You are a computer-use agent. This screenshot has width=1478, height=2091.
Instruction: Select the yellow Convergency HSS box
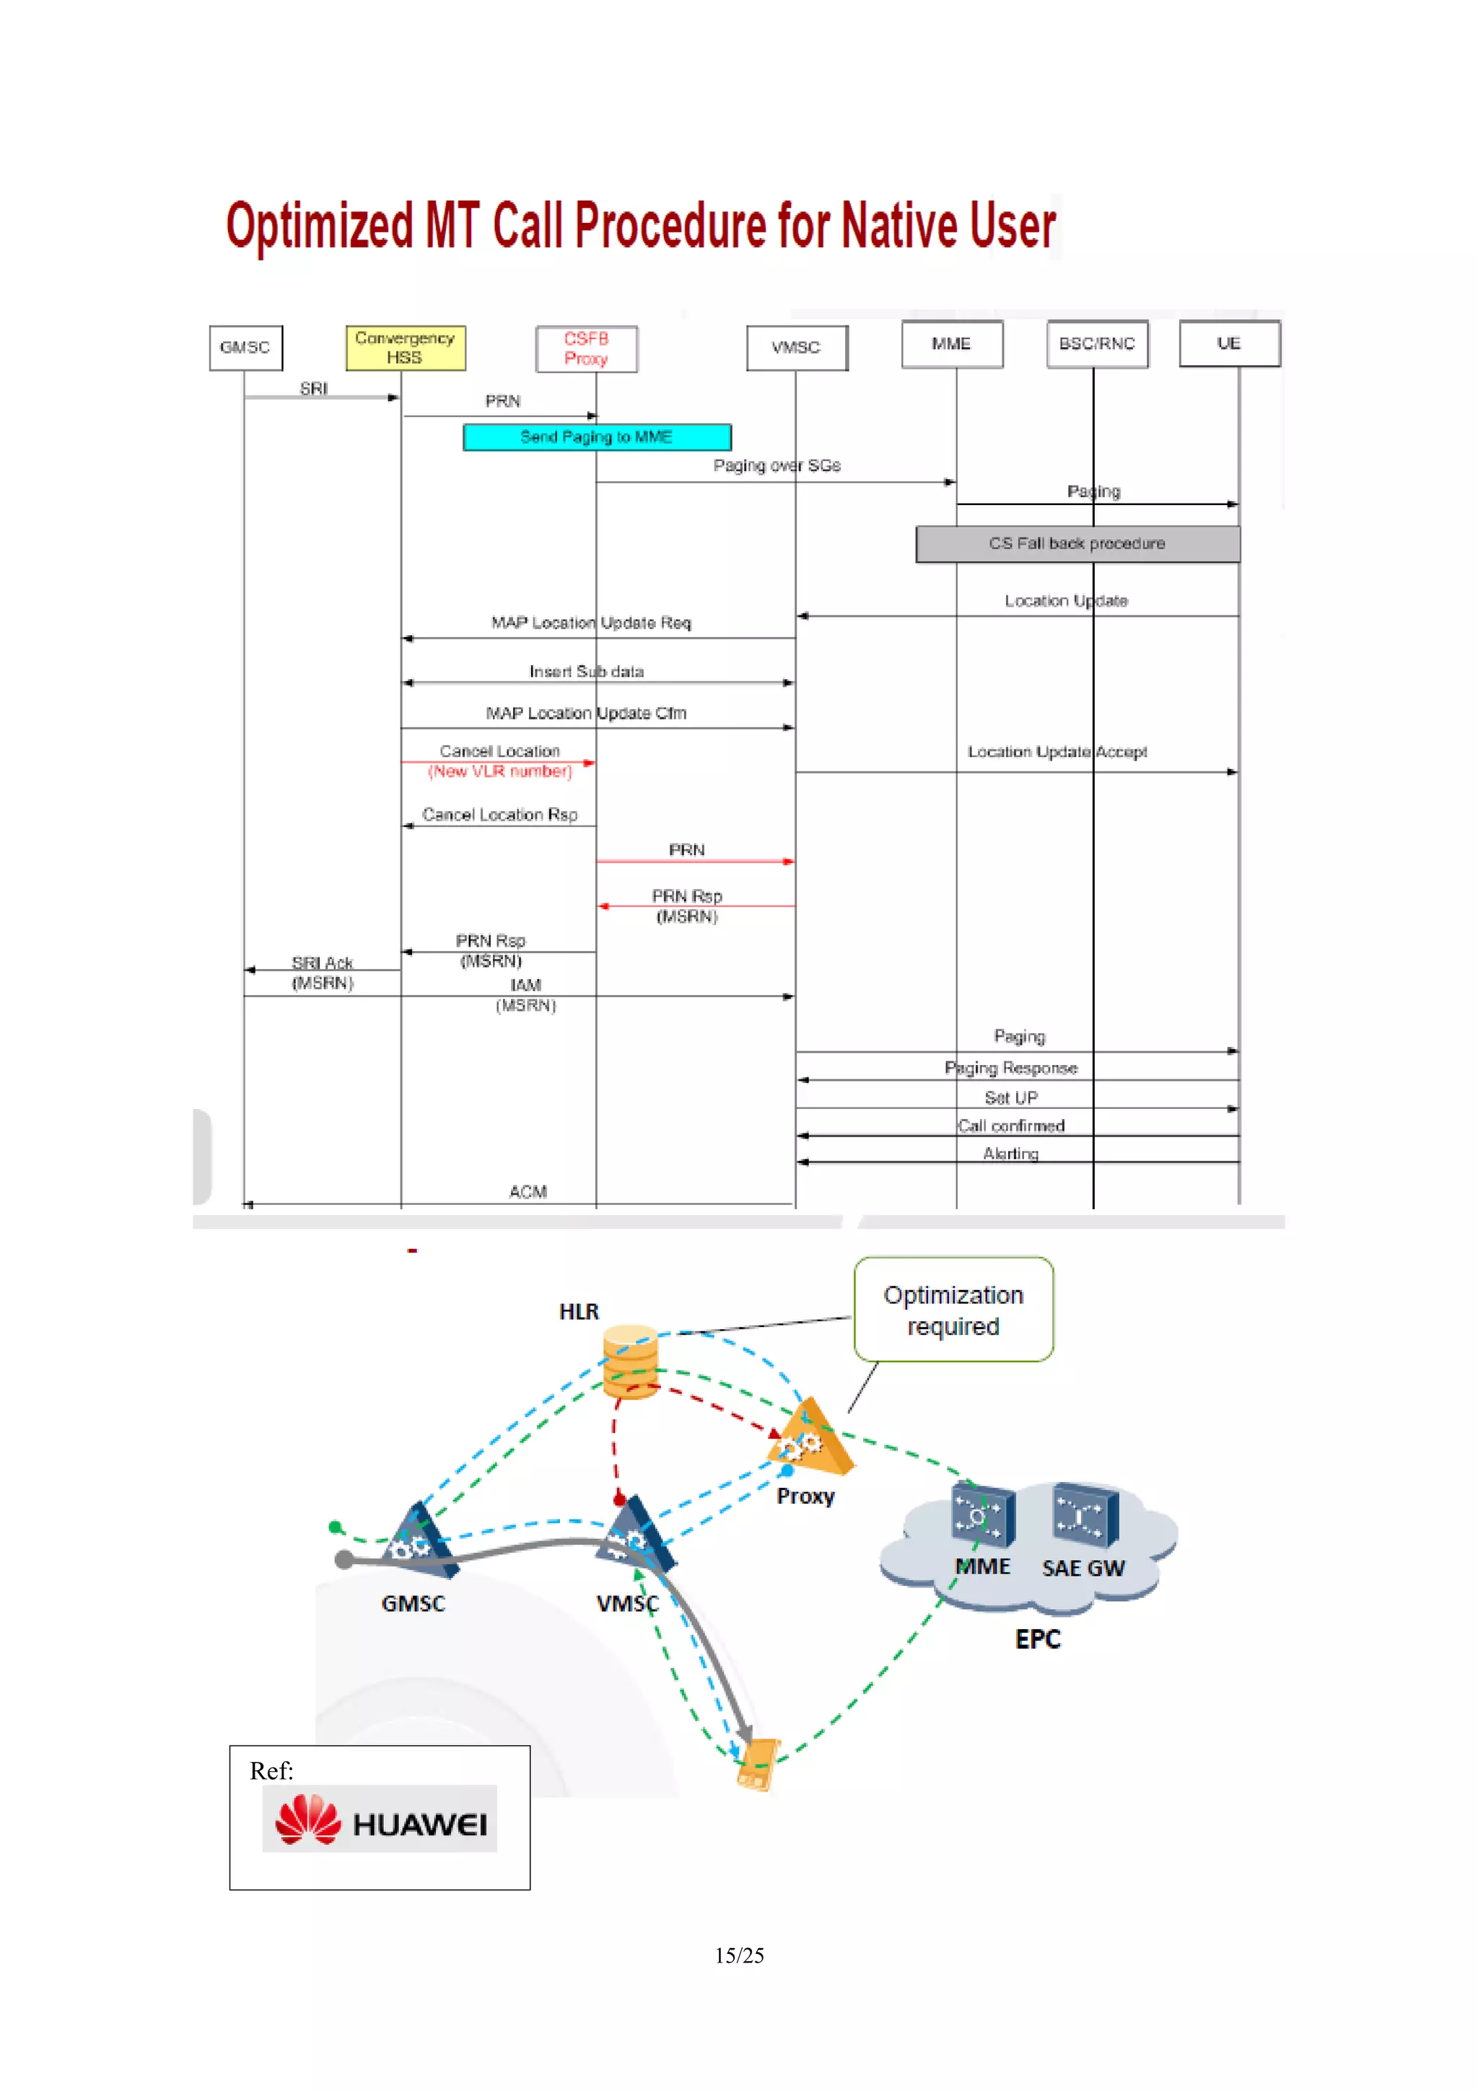click(406, 348)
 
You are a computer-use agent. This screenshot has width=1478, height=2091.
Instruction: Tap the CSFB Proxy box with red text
click(587, 348)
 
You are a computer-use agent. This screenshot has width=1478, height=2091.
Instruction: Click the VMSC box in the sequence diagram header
click(797, 348)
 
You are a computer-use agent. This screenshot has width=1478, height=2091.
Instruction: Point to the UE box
click(1230, 343)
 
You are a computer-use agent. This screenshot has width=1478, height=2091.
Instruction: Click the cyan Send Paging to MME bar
click(597, 437)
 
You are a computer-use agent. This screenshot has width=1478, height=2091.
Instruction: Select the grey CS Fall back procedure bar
click(1077, 544)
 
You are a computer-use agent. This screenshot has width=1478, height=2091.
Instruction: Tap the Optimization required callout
click(953, 1310)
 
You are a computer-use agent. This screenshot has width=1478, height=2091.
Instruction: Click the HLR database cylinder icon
click(630, 1362)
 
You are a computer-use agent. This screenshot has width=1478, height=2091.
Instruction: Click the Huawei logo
click(380, 1819)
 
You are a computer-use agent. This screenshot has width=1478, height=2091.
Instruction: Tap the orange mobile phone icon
click(758, 1764)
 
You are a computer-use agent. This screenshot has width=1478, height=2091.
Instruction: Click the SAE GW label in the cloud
click(1083, 1569)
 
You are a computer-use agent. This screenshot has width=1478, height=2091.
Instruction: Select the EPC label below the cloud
click(1038, 1639)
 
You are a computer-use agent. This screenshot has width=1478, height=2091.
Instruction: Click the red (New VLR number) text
click(500, 771)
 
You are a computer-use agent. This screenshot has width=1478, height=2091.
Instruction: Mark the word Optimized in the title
click(320, 226)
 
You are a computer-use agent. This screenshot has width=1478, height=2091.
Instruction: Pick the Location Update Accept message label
click(1057, 753)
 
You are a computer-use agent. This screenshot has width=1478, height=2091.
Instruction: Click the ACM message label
click(528, 1192)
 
